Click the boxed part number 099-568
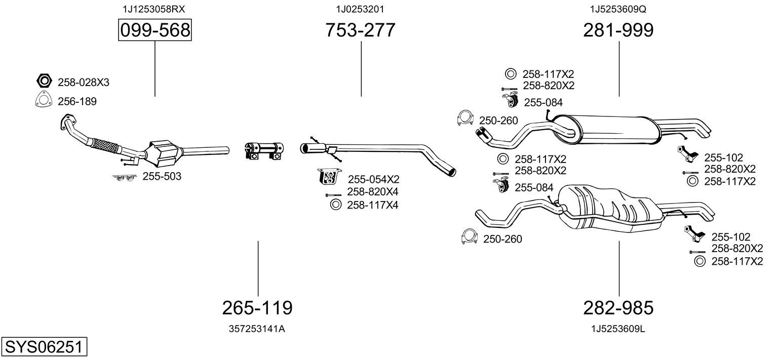(154, 31)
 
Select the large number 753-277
(360, 31)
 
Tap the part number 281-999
(618, 31)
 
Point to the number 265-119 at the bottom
(257, 307)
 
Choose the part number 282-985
(618, 307)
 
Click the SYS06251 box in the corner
(44, 347)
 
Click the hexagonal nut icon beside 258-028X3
(44, 81)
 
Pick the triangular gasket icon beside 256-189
(44, 101)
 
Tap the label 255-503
(162, 177)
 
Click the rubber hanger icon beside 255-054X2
(328, 177)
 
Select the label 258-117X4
(372, 205)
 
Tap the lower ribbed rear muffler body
(608, 208)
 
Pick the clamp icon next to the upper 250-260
(464, 118)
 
